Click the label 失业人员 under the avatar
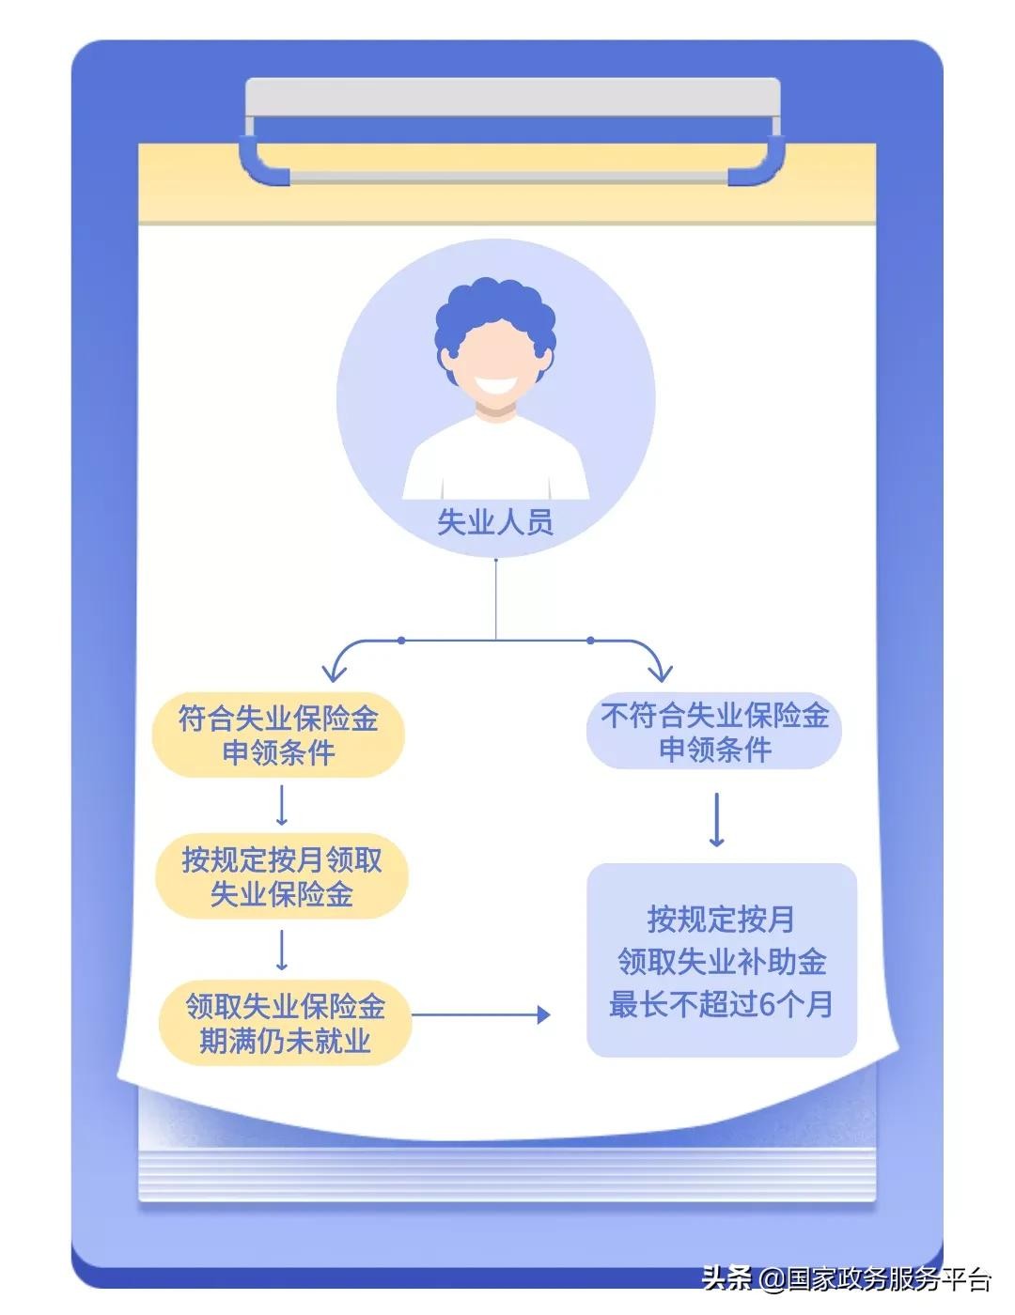(x=495, y=521)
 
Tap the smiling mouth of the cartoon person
(x=495, y=385)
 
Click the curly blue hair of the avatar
(x=495, y=320)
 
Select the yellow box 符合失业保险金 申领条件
(x=278, y=735)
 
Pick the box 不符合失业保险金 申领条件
(x=714, y=731)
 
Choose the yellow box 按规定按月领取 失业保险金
(x=282, y=876)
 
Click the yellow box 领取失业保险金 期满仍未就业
(x=285, y=1023)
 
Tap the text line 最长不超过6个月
(x=721, y=1004)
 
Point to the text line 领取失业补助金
(x=722, y=962)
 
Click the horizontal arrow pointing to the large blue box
(x=481, y=1014)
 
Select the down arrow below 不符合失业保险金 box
(x=717, y=819)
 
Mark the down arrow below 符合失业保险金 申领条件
(x=281, y=806)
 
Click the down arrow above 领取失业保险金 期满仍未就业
(x=281, y=951)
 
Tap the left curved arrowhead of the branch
(x=334, y=673)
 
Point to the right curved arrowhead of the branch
(x=660, y=673)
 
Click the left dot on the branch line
(x=401, y=641)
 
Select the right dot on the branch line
(x=591, y=641)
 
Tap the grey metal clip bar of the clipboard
(x=512, y=97)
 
